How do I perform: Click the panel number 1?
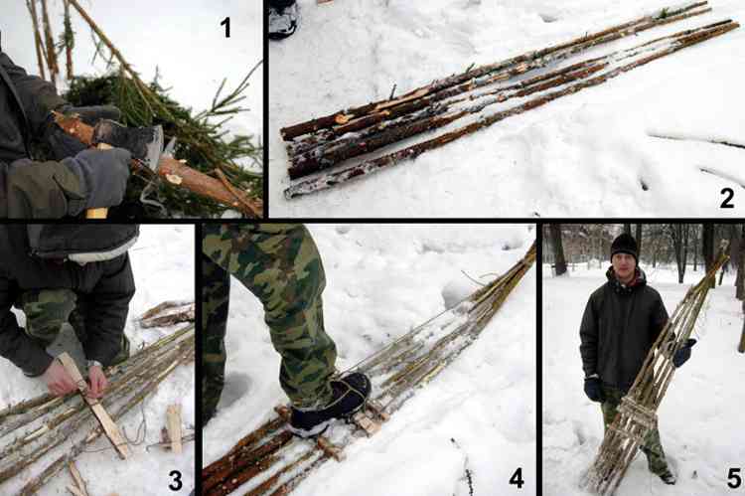click(225, 27)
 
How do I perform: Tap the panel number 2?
click(727, 198)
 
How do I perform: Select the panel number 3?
click(175, 480)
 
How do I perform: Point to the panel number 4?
click(517, 478)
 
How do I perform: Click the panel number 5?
click(734, 478)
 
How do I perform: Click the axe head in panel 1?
click(142, 141)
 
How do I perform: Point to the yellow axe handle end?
click(96, 213)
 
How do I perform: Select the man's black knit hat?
click(624, 247)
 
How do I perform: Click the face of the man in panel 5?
click(624, 265)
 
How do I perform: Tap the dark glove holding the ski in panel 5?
click(683, 353)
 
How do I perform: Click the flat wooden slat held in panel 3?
click(93, 406)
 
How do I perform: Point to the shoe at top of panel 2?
click(284, 19)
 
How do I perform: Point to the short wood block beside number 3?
click(174, 429)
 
